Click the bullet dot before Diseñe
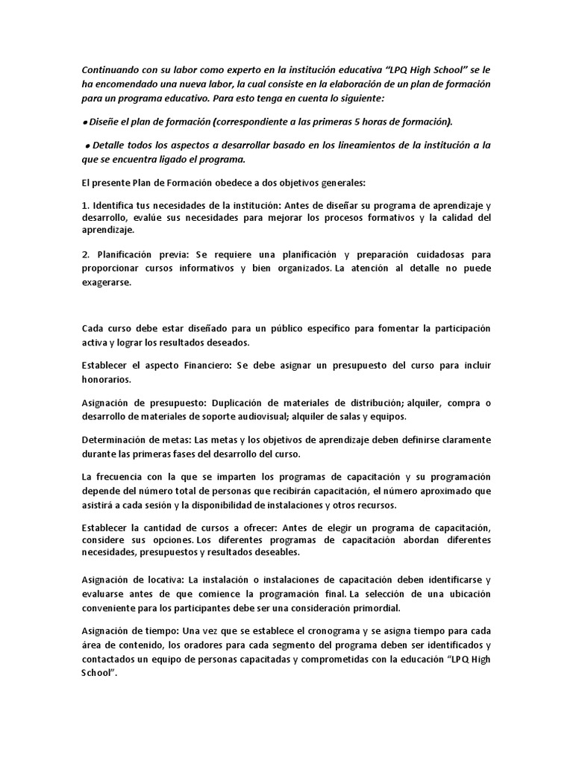85,122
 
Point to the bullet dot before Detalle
89,145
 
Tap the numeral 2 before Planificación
85,255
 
